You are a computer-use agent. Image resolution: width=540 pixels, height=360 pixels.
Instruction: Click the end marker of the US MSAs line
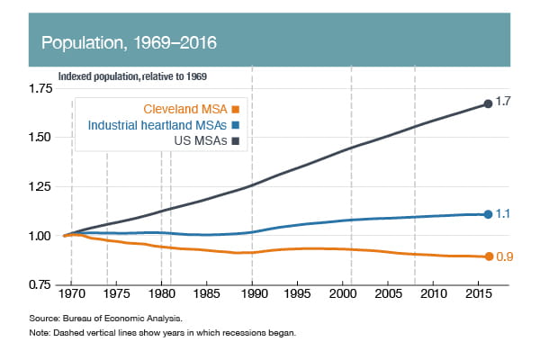[x=488, y=103]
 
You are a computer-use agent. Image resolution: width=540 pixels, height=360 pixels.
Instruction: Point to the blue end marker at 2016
[x=488, y=214]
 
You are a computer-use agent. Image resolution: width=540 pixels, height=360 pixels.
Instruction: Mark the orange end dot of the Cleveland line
[x=488, y=256]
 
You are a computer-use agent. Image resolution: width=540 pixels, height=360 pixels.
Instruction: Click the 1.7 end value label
[x=504, y=103]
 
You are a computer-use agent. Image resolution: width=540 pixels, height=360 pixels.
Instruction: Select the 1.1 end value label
[x=504, y=214]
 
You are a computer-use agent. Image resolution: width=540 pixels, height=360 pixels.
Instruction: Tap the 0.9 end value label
[x=505, y=257]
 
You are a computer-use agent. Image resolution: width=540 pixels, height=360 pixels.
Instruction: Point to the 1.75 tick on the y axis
[x=40, y=88]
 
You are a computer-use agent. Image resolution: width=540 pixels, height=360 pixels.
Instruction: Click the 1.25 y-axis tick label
[x=40, y=186]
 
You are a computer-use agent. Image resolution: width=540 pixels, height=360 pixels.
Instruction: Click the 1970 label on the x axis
[x=71, y=295]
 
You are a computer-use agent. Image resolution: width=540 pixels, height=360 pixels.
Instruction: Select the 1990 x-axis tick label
[x=252, y=295]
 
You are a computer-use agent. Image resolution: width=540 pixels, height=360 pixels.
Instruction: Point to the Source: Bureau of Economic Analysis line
[x=115, y=319]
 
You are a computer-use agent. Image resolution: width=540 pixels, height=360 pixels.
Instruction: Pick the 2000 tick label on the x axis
[x=342, y=295]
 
